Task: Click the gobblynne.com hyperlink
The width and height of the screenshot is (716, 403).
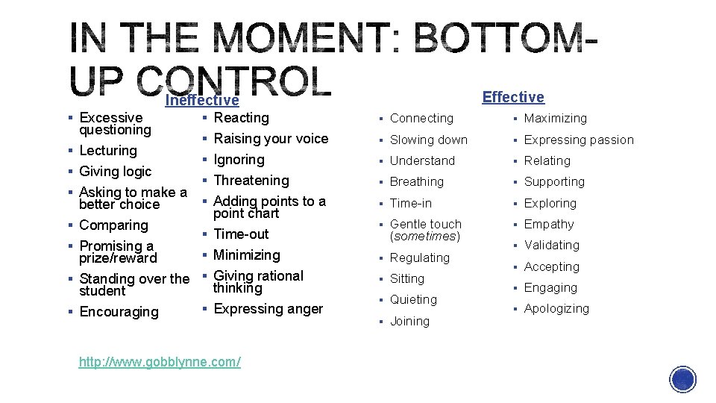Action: pos(160,362)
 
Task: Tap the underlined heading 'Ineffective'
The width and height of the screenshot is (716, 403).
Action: pos(201,100)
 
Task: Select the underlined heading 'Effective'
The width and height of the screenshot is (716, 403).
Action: pos(513,97)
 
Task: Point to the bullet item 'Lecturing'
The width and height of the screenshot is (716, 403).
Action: pos(108,150)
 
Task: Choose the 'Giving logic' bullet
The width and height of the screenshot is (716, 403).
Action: pos(115,171)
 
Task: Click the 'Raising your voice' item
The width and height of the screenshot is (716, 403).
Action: pos(271,138)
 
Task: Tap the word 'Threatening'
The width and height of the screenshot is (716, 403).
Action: pos(251,180)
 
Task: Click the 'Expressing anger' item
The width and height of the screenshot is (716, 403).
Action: pos(268,308)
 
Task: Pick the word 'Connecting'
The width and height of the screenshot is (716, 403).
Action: pos(421,118)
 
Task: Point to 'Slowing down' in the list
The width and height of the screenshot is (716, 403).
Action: pos(429,140)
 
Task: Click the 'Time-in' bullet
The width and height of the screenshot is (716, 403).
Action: pos(411,203)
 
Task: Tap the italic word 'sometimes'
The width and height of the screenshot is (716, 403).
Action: pos(424,236)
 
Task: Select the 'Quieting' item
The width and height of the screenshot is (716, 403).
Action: pos(413,299)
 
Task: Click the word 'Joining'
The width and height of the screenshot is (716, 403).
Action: pos(409,321)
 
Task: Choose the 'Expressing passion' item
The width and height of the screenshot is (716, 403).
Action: pos(579,140)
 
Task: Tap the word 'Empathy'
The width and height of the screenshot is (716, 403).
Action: pos(549,224)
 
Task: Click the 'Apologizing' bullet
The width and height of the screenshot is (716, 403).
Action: pos(556,308)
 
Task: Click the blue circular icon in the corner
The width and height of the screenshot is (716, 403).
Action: pos(683,379)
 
